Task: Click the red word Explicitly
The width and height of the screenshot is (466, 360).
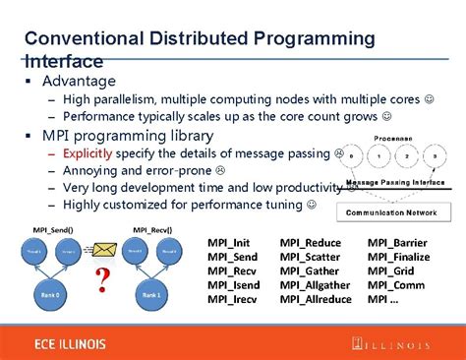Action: point(87,154)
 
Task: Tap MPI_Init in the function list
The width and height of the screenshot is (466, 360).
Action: point(228,242)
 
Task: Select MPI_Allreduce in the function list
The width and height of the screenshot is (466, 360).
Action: point(312,298)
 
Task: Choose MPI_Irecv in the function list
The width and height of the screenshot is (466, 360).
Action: point(231,298)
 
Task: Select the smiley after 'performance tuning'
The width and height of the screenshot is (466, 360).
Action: point(312,205)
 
